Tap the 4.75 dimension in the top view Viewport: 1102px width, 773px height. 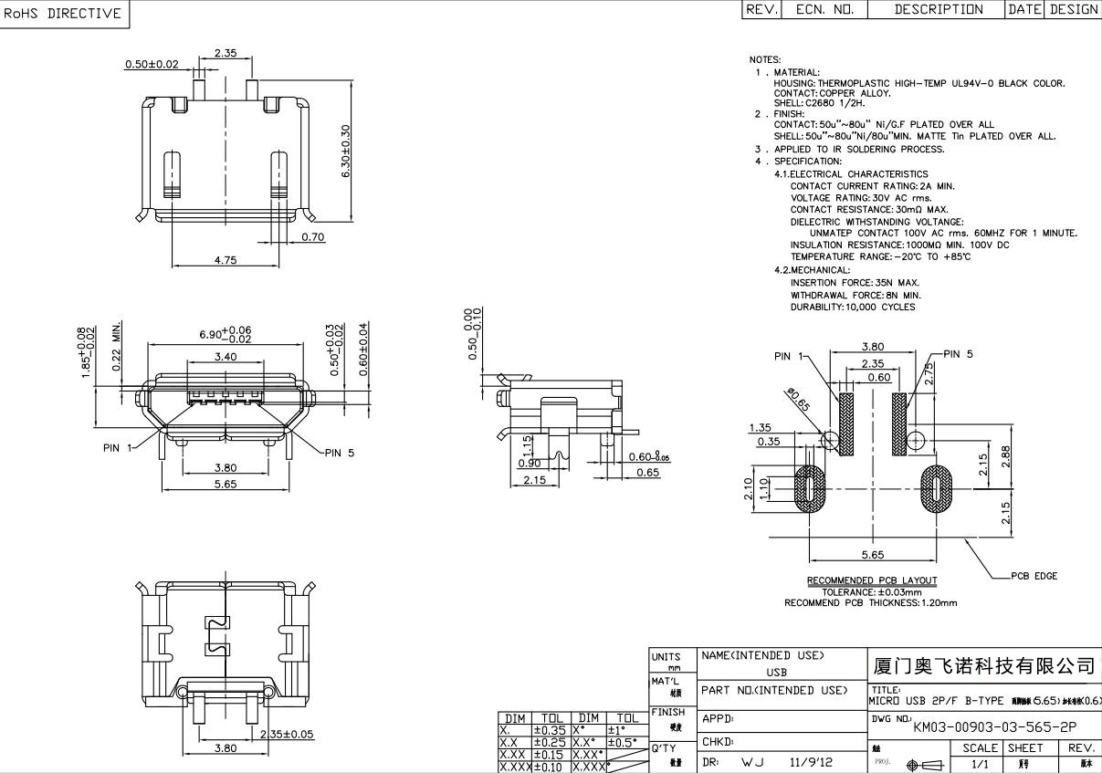[x=225, y=260]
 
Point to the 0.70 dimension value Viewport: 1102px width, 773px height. [x=312, y=237]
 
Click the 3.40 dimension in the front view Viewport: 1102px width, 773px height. [x=225, y=357]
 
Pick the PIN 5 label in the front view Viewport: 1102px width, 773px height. [x=339, y=453]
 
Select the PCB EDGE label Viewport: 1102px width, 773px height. [x=1034, y=576]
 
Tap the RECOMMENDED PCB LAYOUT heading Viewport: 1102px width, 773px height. [x=871, y=580]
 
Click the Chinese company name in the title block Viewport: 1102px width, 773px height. [x=984, y=665]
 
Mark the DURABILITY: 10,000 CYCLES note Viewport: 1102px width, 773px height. [x=852, y=307]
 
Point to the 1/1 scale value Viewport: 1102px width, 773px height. [x=980, y=765]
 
